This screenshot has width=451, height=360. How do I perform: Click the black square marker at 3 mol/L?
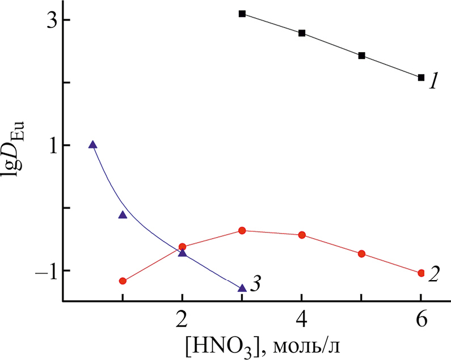tap(242, 14)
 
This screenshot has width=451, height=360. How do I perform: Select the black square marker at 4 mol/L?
tap(302, 33)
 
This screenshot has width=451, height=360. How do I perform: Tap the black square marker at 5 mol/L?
tap(361, 56)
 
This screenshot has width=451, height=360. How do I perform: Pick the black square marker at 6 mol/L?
tap(421, 78)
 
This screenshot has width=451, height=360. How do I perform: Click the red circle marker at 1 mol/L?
tap(123, 281)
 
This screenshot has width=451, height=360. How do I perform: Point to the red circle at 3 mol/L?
tap(242, 231)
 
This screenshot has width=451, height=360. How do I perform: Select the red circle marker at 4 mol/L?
tap(302, 235)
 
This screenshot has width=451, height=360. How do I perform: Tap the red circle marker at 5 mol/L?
tap(361, 253)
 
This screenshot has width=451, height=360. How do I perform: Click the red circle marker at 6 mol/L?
tap(421, 273)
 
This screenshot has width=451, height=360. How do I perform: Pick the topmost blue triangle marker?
tap(93, 145)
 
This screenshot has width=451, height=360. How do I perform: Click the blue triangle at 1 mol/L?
tap(123, 214)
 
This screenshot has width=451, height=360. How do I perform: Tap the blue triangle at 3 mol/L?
tap(242, 288)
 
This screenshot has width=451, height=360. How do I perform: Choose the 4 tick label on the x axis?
tap(302, 319)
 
